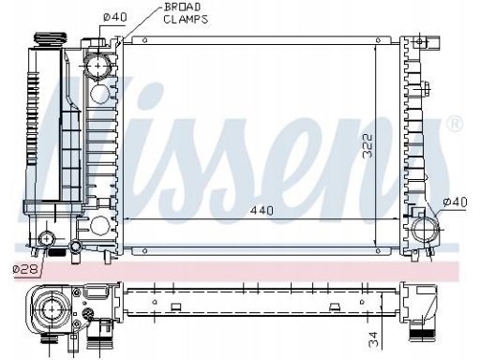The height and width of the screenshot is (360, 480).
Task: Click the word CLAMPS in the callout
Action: tap(186, 20)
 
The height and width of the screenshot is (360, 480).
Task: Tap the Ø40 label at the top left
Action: tap(115, 17)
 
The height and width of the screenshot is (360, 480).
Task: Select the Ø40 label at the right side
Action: tap(455, 202)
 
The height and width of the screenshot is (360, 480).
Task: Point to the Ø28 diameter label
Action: tap(25, 269)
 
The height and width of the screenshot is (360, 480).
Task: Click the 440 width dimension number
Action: tap(262, 211)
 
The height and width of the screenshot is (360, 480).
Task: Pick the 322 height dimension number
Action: tap(368, 145)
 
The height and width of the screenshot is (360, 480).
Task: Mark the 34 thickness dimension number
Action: tap(373, 339)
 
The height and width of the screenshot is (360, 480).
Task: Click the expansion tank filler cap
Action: tap(51, 39)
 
